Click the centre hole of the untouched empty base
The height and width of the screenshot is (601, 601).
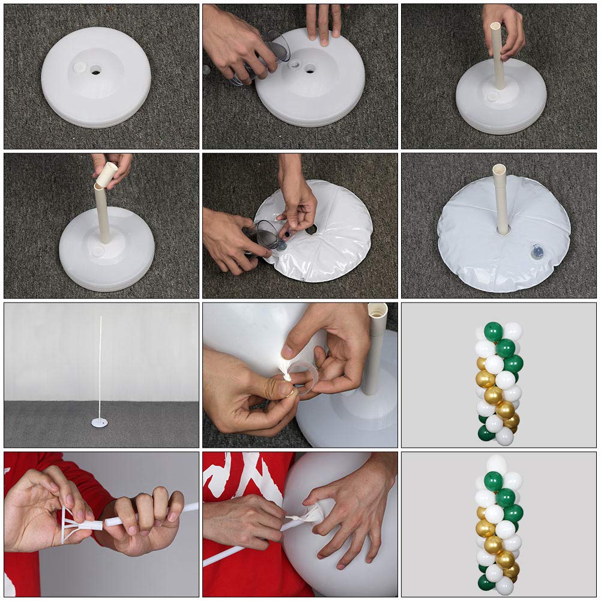[x=96, y=70]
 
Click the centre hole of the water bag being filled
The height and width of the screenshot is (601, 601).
[x=311, y=229]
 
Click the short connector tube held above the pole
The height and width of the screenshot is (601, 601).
[x=106, y=174]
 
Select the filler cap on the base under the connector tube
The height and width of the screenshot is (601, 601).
[x=97, y=252]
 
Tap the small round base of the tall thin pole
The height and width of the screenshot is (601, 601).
[x=100, y=423]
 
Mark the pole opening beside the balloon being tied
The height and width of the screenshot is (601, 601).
[x=377, y=310]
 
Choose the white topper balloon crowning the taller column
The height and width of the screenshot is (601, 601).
[x=497, y=464]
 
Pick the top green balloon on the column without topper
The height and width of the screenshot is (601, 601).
[x=493, y=331]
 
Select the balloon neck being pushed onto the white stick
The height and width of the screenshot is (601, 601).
[x=312, y=514]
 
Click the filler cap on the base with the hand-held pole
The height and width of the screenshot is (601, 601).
[x=493, y=96]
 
